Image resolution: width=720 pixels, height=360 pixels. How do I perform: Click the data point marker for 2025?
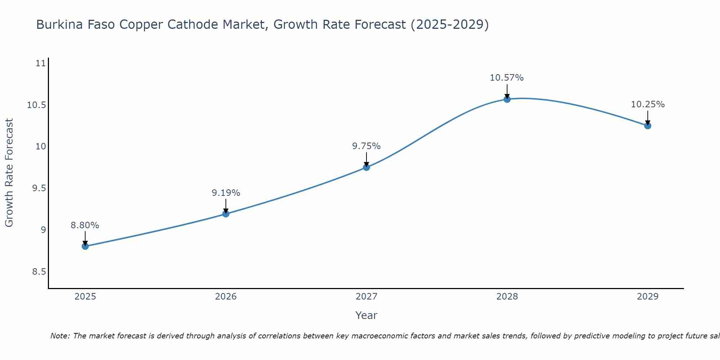click(85, 246)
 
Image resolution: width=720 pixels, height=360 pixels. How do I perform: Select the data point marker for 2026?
click(226, 214)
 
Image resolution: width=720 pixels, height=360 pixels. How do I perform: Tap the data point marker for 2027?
click(366, 167)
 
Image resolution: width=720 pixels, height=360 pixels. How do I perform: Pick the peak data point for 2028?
click(507, 99)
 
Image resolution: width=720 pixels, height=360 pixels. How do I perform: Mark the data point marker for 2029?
click(648, 126)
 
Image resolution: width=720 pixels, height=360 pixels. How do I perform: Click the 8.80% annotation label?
click(85, 225)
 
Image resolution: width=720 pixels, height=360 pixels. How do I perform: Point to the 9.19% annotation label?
click(226, 193)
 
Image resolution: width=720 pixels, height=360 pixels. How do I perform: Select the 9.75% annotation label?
click(366, 146)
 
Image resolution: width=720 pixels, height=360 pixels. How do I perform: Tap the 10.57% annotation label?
click(507, 78)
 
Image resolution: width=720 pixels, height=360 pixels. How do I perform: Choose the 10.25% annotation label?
click(648, 104)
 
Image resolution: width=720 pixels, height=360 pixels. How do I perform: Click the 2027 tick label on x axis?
click(366, 297)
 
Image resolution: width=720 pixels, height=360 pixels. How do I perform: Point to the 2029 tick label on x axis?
click(648, 297)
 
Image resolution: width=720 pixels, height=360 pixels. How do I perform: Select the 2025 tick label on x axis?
click(85, 297)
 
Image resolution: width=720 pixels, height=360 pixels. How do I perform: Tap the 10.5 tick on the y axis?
click(36, 105)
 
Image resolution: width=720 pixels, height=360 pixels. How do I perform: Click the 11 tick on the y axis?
click(41, 64)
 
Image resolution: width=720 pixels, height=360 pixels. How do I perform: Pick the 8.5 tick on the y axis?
click(39, 272)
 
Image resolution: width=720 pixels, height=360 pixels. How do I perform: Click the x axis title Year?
click(366, 315)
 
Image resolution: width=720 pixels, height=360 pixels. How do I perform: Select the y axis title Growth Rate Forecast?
click(9, 173)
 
